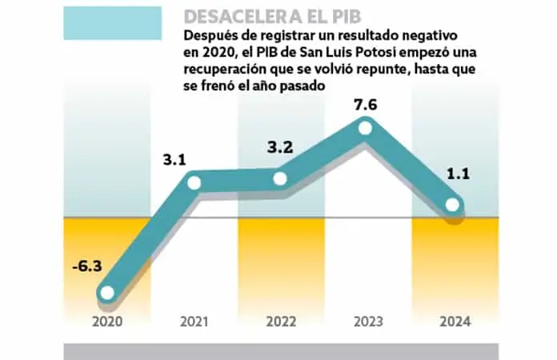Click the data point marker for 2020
(106, 294)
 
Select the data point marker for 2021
(194, 183)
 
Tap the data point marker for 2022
(280, 178)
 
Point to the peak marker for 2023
(366, 127)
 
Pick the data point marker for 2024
(452, 206)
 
